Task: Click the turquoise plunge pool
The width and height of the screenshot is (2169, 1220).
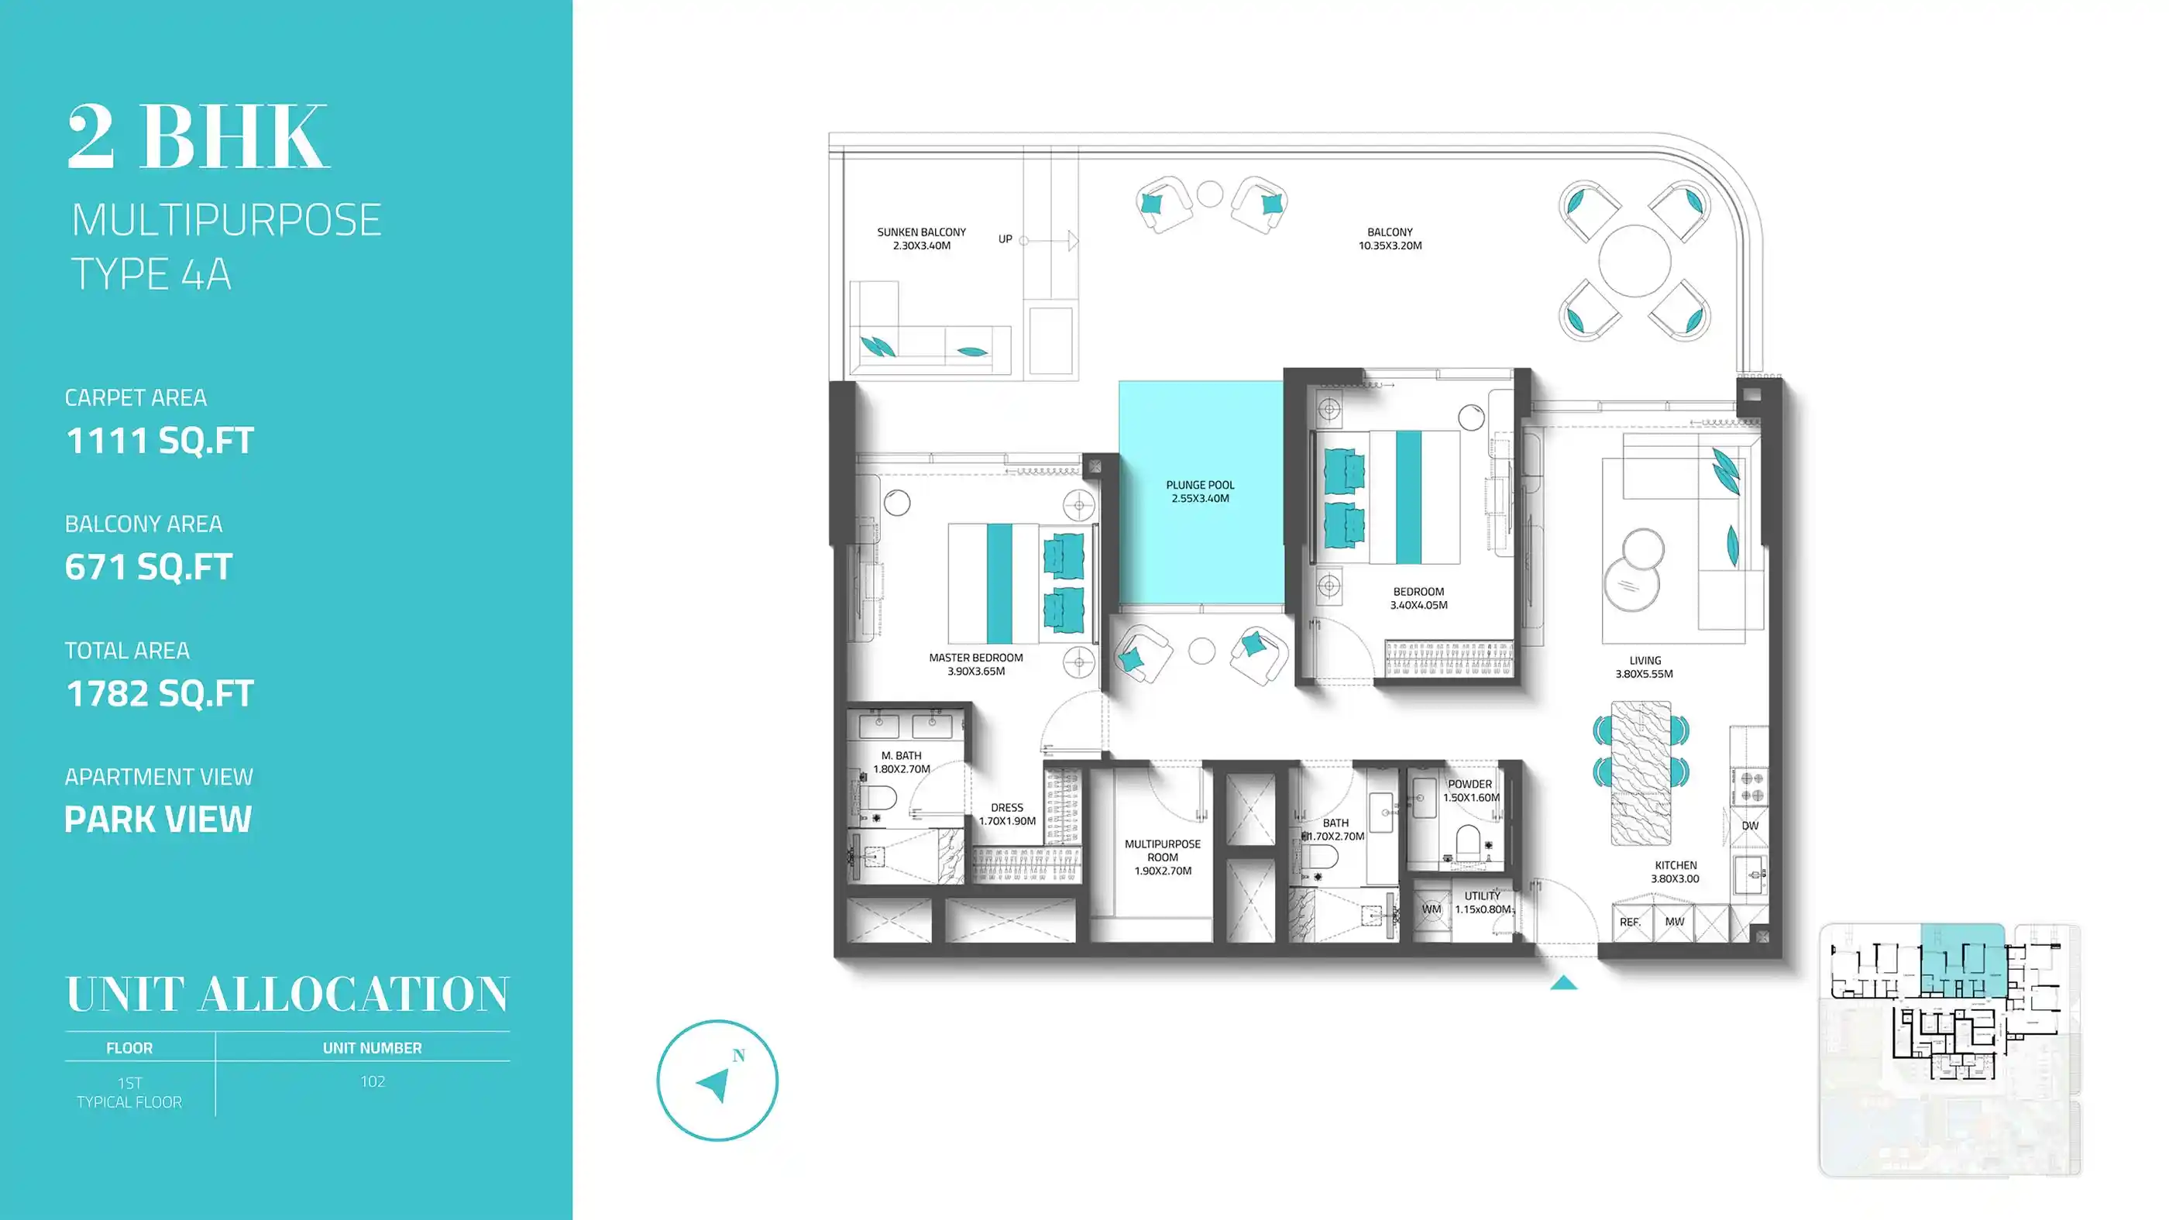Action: pos(1201,492)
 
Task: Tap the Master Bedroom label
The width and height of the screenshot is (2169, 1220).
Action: pos(976,658)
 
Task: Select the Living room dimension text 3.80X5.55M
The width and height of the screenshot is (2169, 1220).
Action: pos(1644,674)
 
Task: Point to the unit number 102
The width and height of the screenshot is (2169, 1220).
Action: pos(372,1082)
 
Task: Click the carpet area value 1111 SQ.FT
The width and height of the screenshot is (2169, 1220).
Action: pos(159,440)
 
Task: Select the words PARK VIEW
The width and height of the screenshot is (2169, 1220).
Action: pos(158,820)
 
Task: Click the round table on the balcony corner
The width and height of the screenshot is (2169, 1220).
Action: pos(1634,261)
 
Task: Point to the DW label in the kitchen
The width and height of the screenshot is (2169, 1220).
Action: pos(1750,826)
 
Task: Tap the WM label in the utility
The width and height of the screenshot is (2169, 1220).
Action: pos(1432,909)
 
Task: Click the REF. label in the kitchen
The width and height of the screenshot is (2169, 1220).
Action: pos(1630,922)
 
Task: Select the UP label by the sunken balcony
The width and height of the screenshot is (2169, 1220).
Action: pos(1005,239)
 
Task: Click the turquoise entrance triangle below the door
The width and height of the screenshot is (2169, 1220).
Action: pos(1563,982)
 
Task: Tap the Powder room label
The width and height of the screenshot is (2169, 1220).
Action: pos(1470,784)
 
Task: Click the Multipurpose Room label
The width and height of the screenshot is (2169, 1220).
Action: pos(1163,851)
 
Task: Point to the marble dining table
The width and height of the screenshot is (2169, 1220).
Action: pos(1641,773)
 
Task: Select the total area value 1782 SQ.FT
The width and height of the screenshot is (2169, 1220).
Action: pos(159,694)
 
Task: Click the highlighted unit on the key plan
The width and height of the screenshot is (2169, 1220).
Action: pos(1962,961)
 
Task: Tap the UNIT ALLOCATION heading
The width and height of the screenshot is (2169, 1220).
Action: pos(287,995)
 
